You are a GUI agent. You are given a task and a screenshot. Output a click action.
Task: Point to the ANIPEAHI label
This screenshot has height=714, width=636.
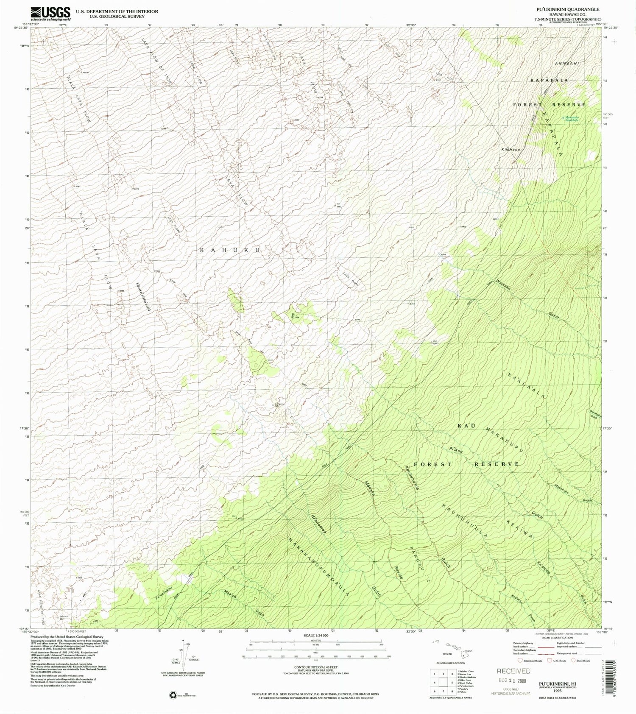click(566, 63)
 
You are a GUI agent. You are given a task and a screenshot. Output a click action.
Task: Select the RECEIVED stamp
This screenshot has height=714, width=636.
click(513, 671)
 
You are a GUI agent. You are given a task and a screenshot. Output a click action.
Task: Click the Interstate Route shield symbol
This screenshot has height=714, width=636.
click(520, 660)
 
